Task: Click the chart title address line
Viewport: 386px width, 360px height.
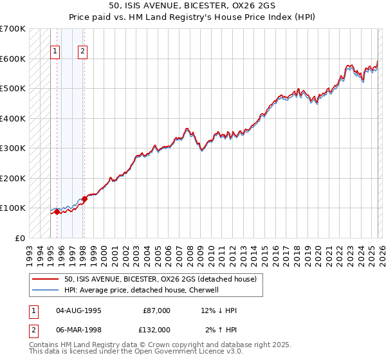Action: [192, 5]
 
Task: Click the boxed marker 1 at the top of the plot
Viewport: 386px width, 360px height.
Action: [55, 52]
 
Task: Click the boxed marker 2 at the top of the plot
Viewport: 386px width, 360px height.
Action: [84, 52]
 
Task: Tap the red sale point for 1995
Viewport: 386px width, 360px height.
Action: [57, 212]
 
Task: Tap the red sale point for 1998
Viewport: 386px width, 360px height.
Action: [84, 199]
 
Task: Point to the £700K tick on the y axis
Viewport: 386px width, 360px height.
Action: [13, 29]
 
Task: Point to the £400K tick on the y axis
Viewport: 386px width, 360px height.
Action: [13, 118]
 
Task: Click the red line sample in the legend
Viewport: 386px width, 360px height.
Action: [46, 279]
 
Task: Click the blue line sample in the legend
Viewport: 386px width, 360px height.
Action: [46, 290]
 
